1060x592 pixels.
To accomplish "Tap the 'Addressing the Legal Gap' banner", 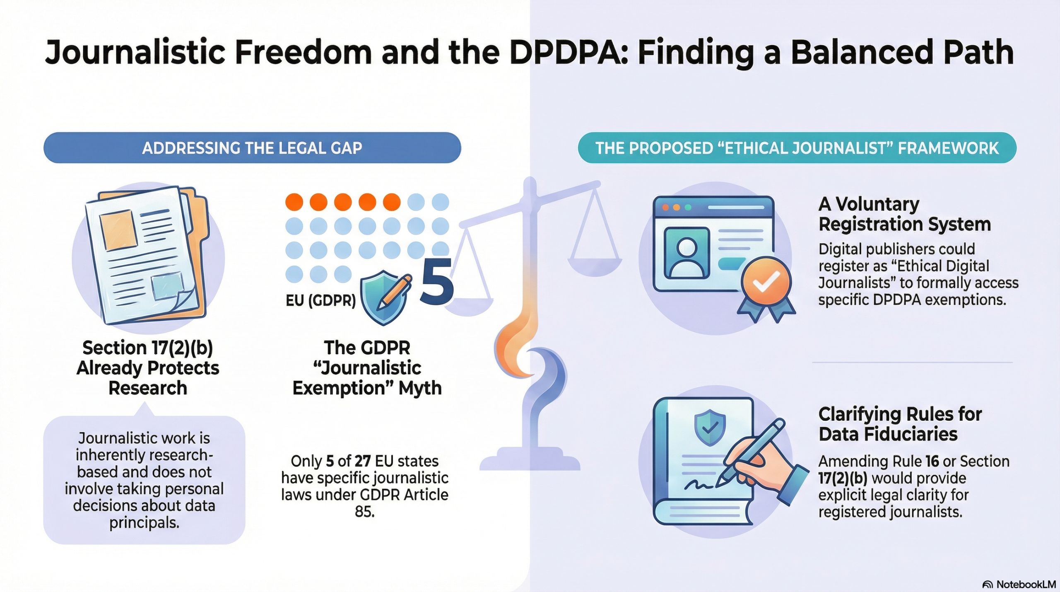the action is [x=252, y=147].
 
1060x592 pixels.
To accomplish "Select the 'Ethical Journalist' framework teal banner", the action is [x=797, y=147].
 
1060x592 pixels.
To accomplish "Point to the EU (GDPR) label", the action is [x=320, y=300].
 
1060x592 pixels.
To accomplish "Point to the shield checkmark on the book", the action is [x=710, y=427].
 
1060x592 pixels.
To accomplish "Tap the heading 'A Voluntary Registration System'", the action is [x=905, y=214].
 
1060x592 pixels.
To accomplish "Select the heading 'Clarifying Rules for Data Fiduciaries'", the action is [x=900, y=424].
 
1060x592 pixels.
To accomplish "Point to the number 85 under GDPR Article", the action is [x=364, y=512].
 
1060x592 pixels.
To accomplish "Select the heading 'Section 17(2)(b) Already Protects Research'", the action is [x=148, y=367].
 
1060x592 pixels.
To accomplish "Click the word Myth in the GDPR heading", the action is [x=420, y=389].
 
